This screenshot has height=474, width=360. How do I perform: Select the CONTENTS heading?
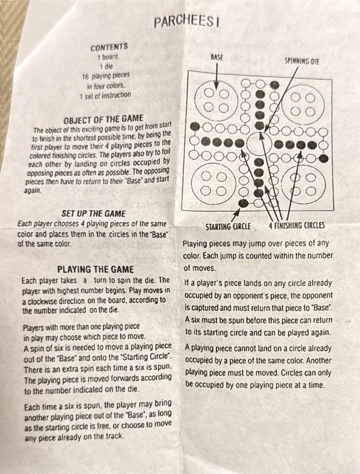tap(109, 47)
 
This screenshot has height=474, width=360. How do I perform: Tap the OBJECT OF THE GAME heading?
tap(103, 119)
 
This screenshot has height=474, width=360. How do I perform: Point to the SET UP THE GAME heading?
tap(94, 214)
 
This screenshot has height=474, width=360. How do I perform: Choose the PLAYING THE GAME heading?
tap(95, 270)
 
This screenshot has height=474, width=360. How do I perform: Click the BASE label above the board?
tap(216, 57)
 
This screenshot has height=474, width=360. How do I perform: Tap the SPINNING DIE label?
tap(302, 61)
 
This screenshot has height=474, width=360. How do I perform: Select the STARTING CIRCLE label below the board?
tap(228, 227)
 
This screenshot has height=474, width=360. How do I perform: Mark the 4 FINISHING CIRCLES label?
tap(297, 226)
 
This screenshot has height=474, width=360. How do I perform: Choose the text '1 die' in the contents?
tap(106, 67)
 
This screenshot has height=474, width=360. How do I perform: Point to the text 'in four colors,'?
tap(105, 86)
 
